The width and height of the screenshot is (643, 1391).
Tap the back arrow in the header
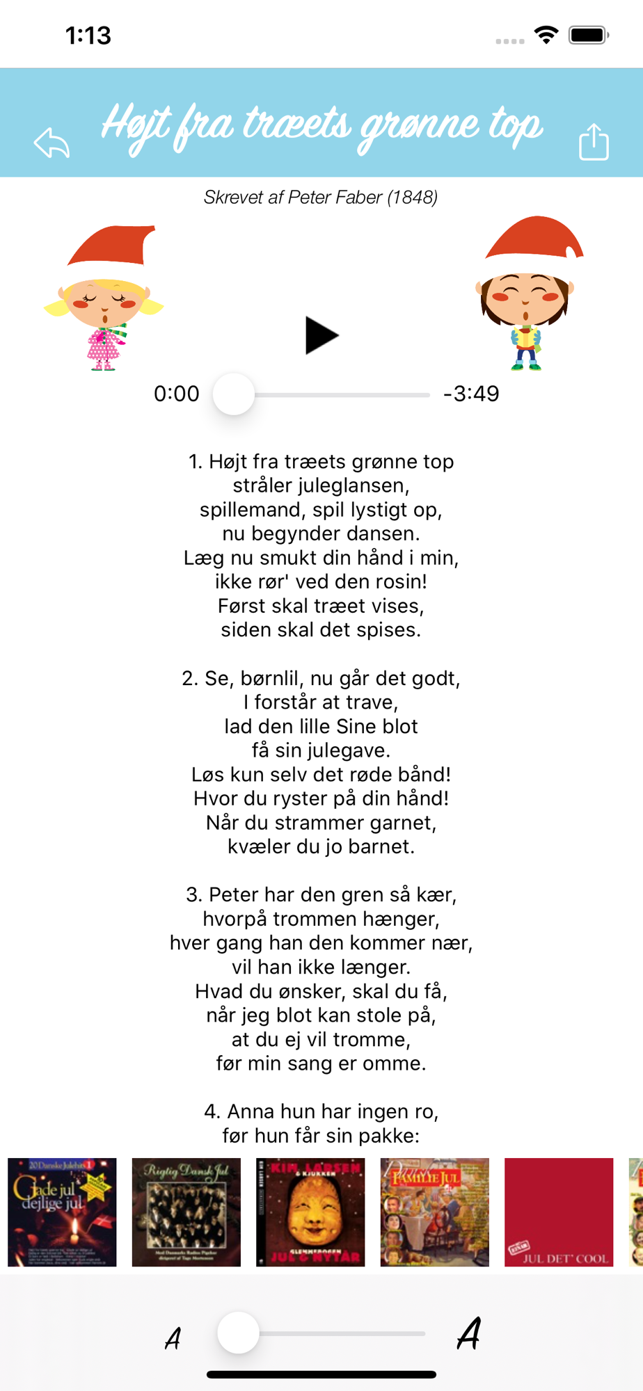(52, 143)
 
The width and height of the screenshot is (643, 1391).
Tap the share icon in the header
(594, 142)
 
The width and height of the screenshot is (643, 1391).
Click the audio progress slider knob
(234, 394)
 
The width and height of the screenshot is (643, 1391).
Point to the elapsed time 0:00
(177, 394)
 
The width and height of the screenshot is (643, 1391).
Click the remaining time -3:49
(471, 394)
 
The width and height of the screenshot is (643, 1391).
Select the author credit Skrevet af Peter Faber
(321, 198)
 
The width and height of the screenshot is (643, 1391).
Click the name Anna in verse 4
(250, 1111)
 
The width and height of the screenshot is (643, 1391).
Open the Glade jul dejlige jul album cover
(62, 1212)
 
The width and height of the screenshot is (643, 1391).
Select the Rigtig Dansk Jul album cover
(186, 1212)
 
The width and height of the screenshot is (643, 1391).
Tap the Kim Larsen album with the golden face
(310, 1212)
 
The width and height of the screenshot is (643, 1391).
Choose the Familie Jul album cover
(435, 1212)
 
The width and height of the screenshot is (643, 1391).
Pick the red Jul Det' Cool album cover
(559, 1212)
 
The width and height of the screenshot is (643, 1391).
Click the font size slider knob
(238, 1333)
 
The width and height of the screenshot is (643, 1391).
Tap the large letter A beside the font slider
(469, 1333)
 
